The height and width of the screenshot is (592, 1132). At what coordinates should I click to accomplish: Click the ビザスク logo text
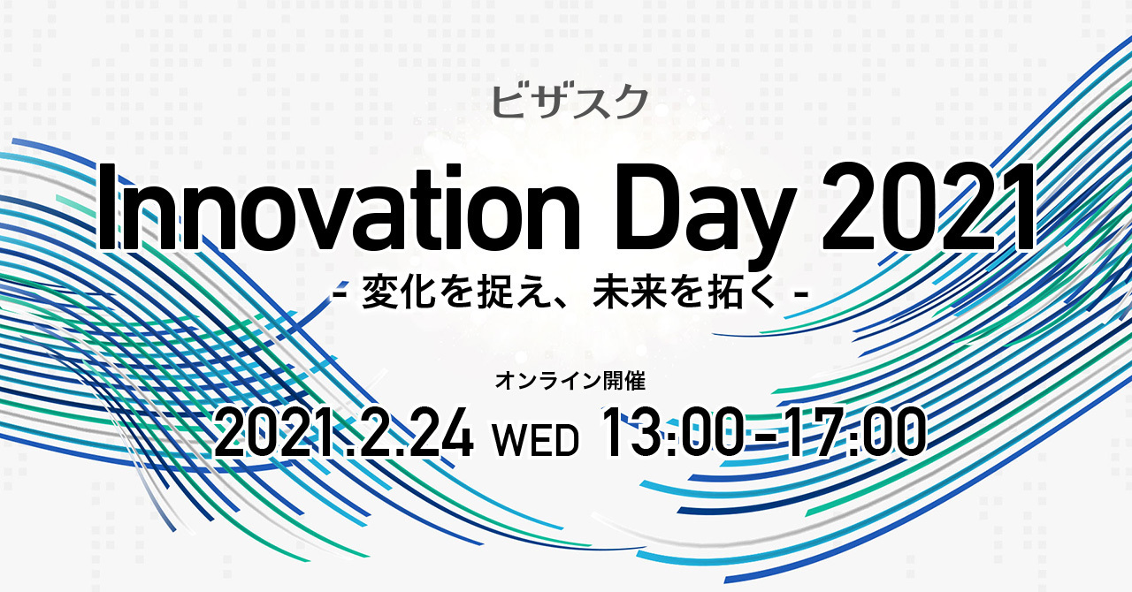[570, 102]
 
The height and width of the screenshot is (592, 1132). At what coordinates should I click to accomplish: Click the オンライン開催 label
[570, 382]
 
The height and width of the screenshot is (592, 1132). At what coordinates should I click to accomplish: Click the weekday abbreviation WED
[536, 440]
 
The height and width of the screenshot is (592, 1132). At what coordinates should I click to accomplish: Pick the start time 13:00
[671, 433]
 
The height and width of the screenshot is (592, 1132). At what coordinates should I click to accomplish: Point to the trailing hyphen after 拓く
[801, 294]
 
